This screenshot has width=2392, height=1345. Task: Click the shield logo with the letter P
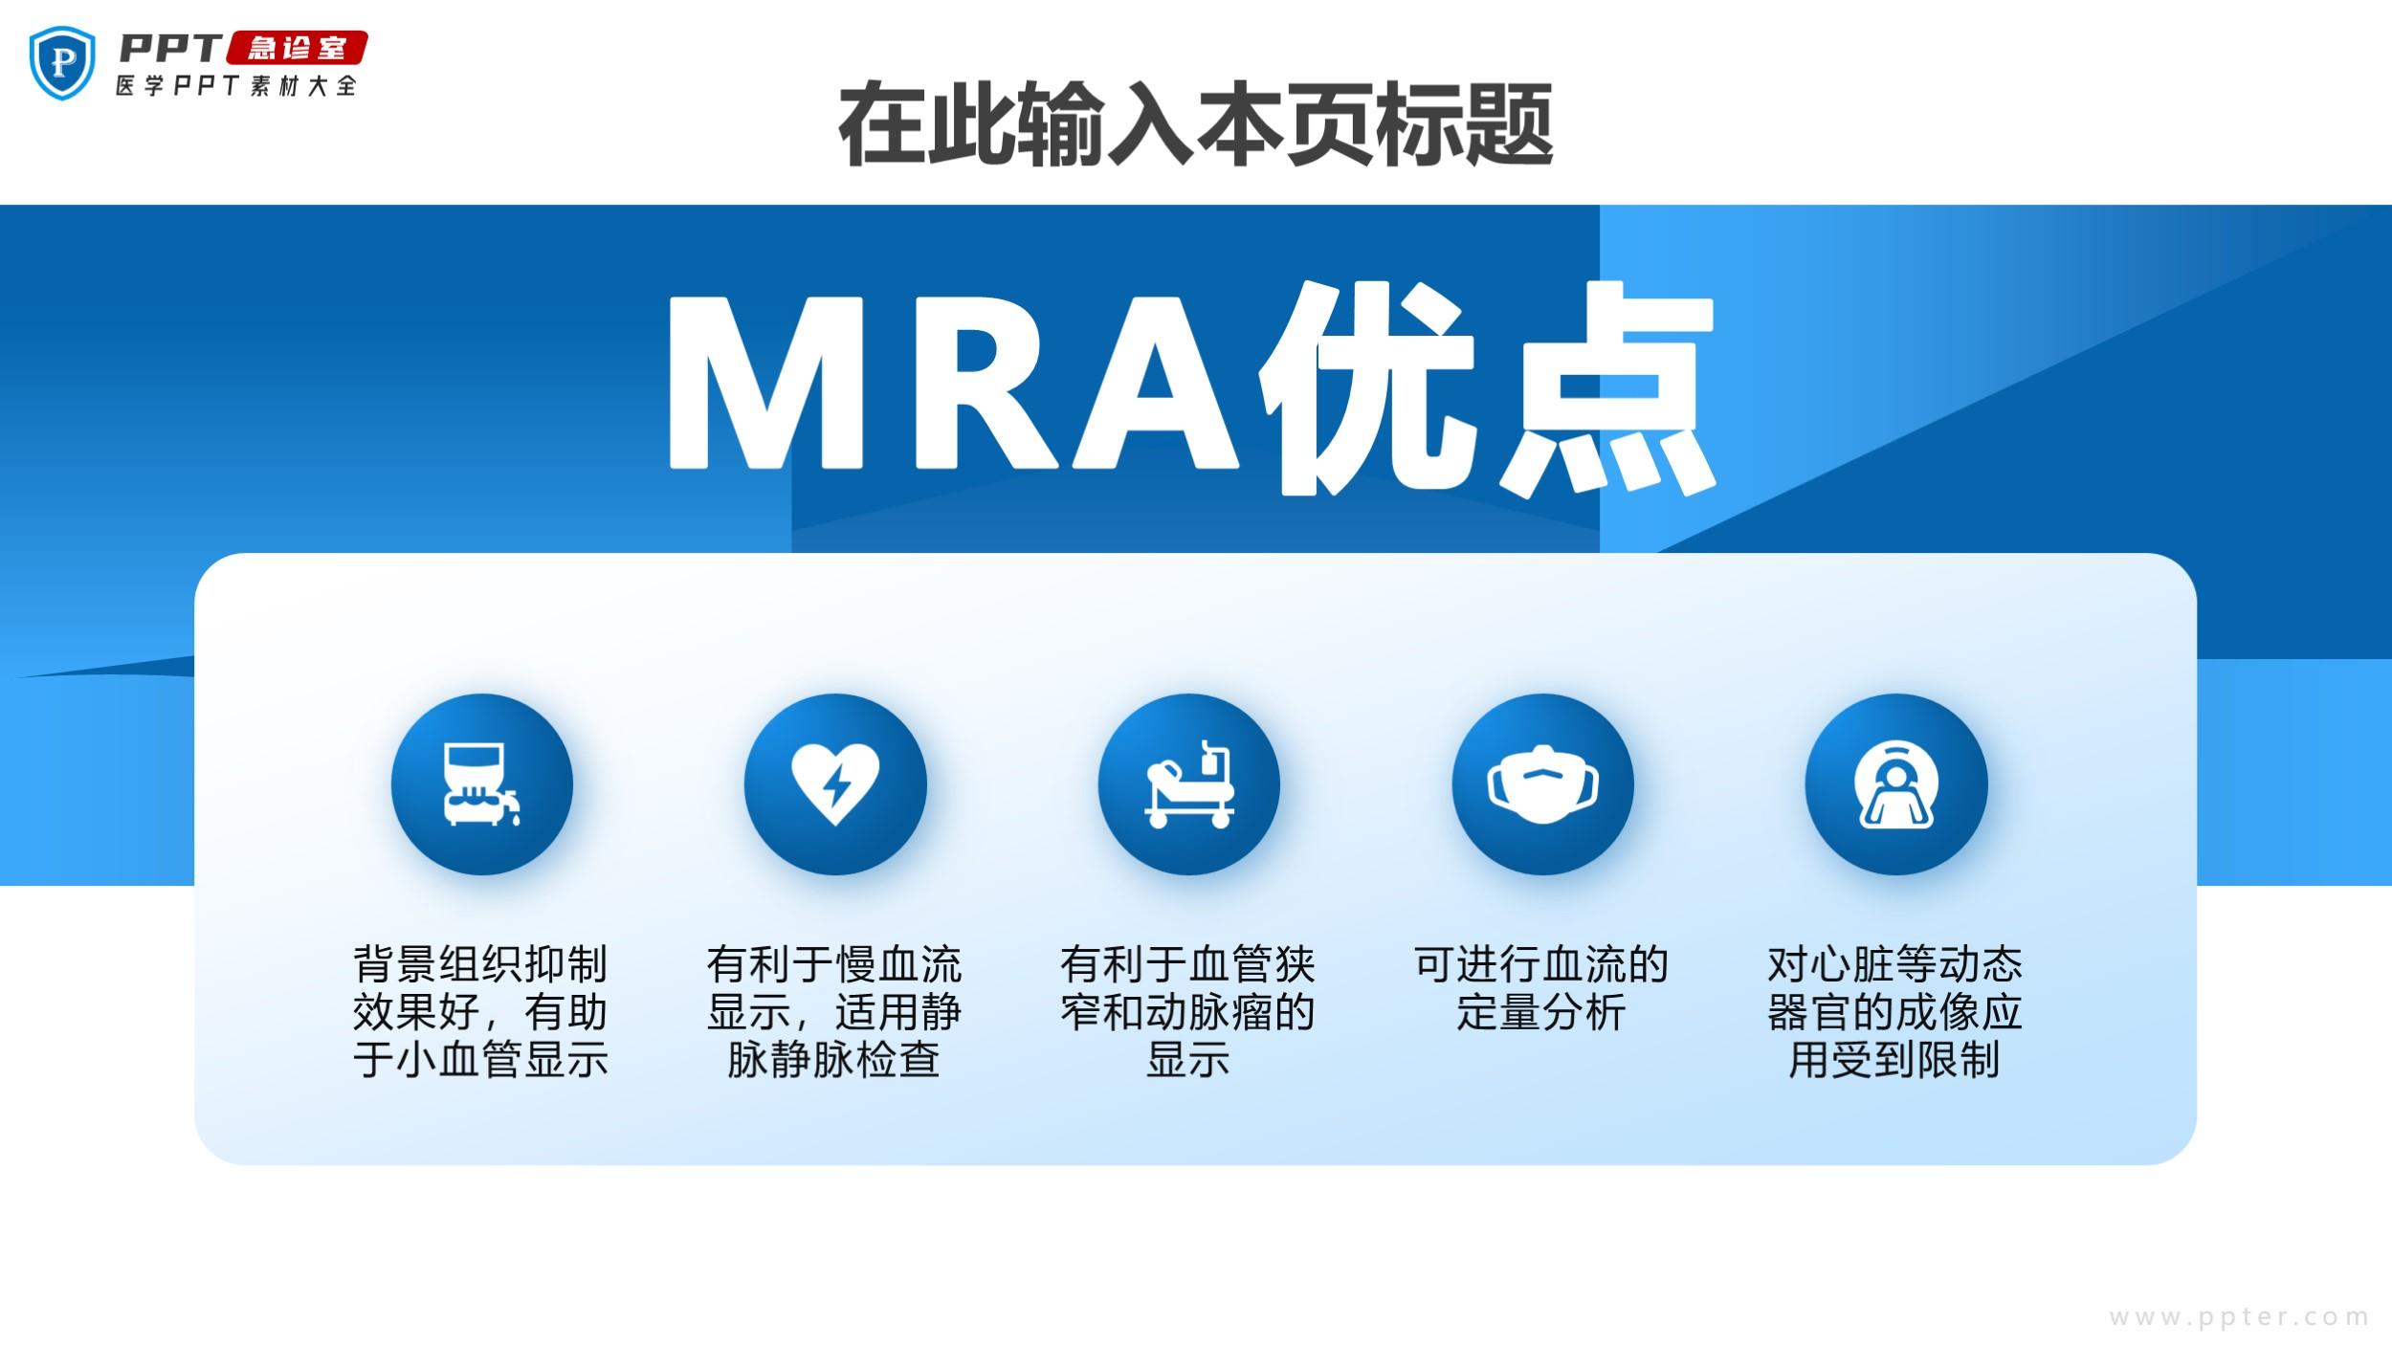[62, 62]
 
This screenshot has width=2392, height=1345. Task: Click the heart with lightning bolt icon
[835, 784]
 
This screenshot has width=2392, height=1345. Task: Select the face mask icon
[1542, 784]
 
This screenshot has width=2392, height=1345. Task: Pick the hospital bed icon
[1189, 783]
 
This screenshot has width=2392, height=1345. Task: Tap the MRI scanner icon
[1895, 784]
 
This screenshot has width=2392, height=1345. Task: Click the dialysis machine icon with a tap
[482, 784]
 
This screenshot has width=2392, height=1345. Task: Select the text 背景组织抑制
[481, 964]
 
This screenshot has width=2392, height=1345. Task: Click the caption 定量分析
[1541, 1012]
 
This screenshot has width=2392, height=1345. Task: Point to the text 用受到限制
[1894, 1060]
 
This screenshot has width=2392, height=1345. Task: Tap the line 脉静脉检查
[834, 1060]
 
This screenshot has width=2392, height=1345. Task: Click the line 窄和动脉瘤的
[1187, 1012]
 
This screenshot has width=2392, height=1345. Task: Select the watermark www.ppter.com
[2239, 1317]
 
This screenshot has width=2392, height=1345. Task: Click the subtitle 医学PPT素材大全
[235, 86]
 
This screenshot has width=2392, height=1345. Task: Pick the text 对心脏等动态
[1894, 964]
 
